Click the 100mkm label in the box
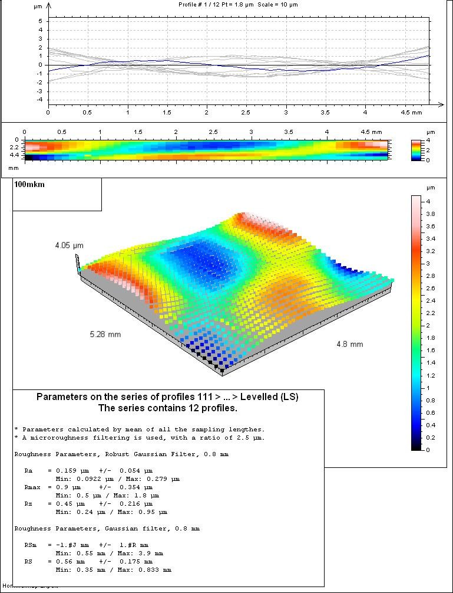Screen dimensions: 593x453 [x=29, y=185]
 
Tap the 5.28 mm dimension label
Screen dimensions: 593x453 [x=105, y=335]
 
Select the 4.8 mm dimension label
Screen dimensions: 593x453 [x=350, y=344]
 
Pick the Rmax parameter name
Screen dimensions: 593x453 [x=34, y=487]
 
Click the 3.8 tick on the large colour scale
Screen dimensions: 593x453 [x=431, y=214]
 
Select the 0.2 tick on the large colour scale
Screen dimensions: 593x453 [x=431, y=438]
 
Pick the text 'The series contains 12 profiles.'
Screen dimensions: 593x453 [x=168, y=408]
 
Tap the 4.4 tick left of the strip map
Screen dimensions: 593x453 [x=14, y=155]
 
